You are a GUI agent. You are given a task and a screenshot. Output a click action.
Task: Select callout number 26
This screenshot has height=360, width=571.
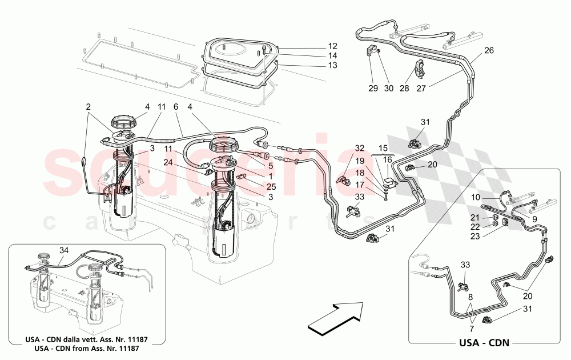pos(489,50)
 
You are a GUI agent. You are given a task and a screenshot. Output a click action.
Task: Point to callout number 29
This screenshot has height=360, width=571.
pos(373,88)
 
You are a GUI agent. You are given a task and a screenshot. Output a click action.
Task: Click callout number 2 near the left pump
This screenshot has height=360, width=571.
pos(89,106)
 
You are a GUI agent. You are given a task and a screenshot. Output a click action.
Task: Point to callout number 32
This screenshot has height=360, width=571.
pos(359,148)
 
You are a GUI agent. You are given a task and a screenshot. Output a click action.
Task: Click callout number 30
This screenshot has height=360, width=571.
pos(389,88)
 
